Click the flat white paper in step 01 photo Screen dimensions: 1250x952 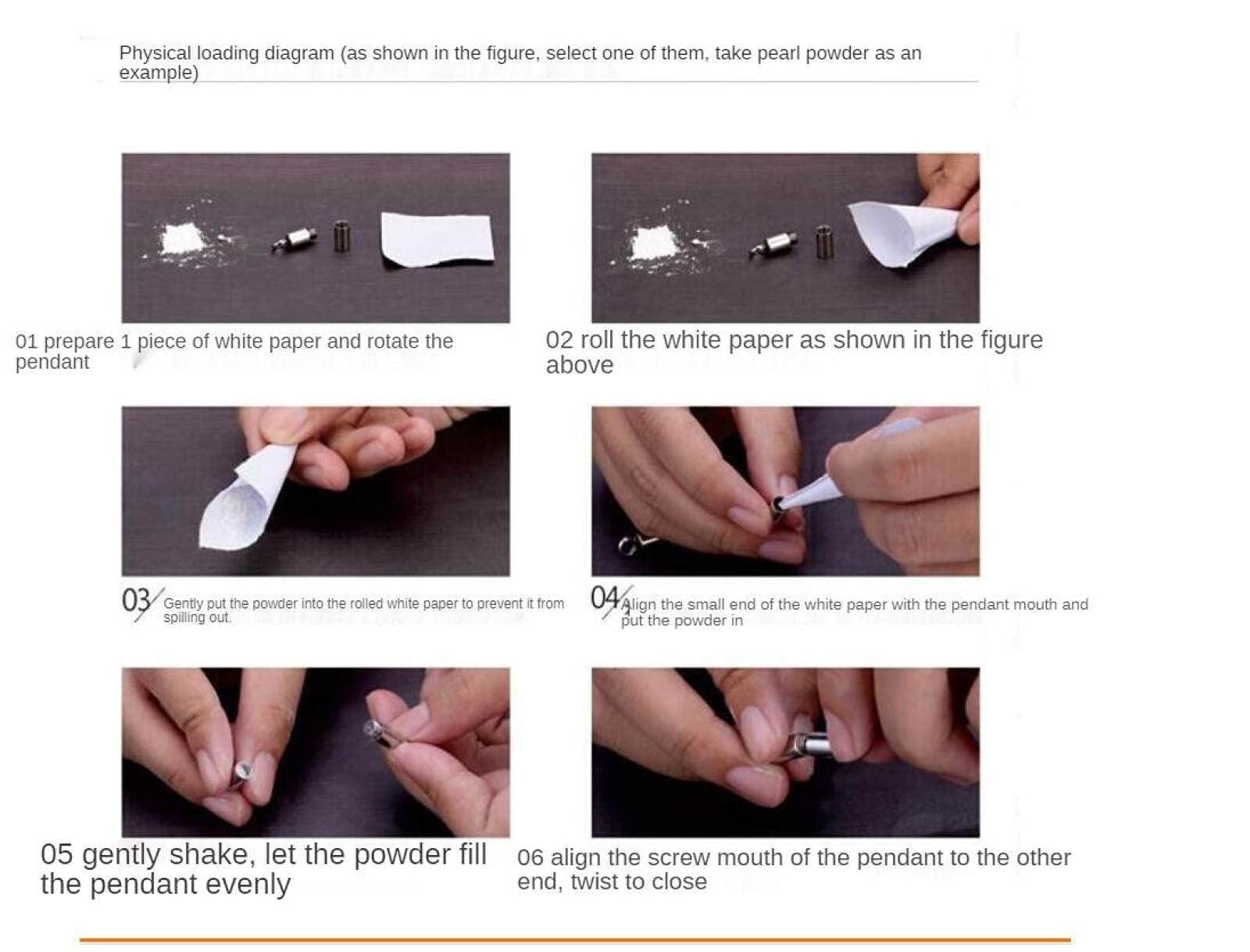(437, 238)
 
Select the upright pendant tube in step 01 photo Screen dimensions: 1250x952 (341, 236)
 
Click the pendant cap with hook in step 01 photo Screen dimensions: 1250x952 (295, 239)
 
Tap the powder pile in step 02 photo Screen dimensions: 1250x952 (655, 243)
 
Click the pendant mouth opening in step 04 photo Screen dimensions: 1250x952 (777, 503)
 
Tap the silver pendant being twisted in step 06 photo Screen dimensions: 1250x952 (808, 746)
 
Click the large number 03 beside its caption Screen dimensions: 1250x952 (135, 600)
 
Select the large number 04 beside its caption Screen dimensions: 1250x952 (605, 598)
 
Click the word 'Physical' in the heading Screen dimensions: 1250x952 (155, 53)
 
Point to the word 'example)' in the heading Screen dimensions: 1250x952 (159, 73)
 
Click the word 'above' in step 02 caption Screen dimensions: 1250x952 (579, 365)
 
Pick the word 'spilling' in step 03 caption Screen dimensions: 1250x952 (184, 617)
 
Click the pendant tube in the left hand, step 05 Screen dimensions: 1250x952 (242, 774)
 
